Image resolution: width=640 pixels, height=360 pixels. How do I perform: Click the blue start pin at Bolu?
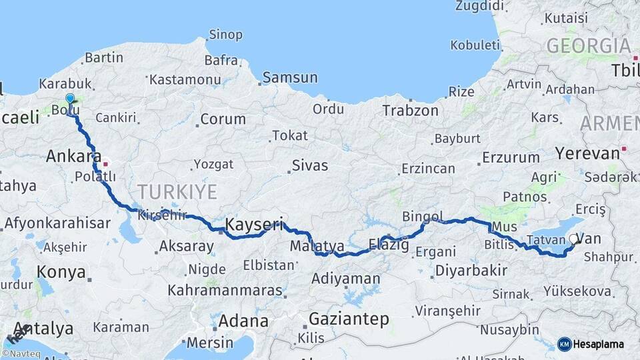(x=70, y=99)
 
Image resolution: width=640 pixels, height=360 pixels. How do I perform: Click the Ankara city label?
(x=69, y=157)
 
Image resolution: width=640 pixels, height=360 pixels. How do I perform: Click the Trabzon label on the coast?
(x=411, y=111)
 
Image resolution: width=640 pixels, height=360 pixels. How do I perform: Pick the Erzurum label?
(x=511, y=158)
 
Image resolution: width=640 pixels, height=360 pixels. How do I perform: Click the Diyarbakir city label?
(x=470, y=271)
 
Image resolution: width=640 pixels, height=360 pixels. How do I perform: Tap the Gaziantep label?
(x=349, y=319)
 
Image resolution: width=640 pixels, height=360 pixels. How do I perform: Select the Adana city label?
(x=243, y=321)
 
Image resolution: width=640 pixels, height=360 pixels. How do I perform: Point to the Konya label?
(x=61, y=272)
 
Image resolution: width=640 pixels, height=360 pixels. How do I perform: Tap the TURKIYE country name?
(x=177, y=192)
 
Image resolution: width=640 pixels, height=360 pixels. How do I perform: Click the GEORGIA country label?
(x=588, y=46)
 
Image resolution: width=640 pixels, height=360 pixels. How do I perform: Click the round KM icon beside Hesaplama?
(x=564, y=344)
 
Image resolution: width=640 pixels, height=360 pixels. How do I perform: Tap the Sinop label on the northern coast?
(x=225, y=35)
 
